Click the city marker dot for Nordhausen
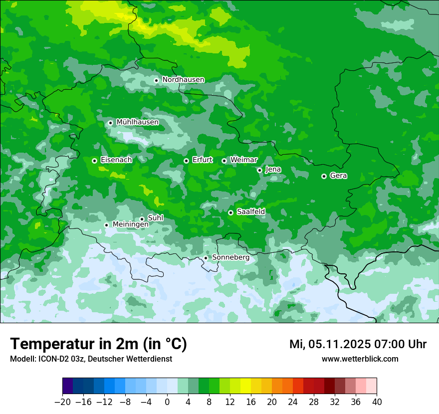156,80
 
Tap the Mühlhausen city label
137,122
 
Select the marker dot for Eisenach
94,161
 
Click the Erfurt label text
202,160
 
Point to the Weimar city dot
224,161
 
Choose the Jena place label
273,170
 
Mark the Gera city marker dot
324,176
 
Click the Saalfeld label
250,212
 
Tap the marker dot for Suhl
142,219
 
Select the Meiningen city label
130,225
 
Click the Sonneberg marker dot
206,258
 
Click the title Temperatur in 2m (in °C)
98,344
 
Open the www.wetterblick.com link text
360,359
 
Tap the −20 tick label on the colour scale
62,402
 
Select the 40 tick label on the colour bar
377,402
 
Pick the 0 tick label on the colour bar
167,402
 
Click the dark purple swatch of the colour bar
67,386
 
